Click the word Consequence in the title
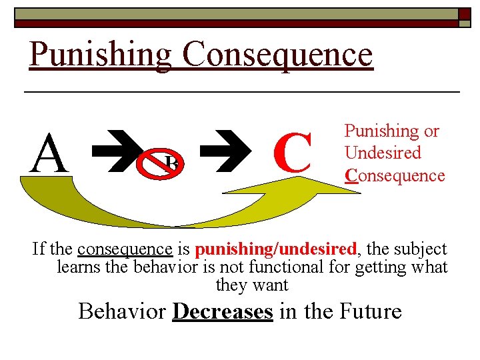point(277,55)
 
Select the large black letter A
point(51,153)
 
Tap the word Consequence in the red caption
point(394,175)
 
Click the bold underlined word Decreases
point(222,311)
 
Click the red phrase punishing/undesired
point(276,249)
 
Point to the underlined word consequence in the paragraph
point(125,249)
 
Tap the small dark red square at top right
point(464,15)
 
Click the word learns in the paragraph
point(76,267)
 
